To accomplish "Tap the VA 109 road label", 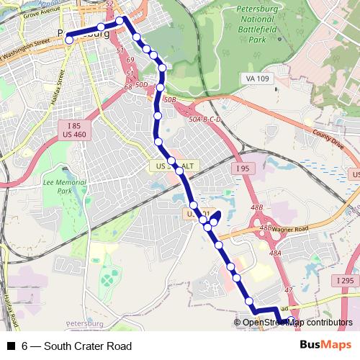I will (x=258, y=78).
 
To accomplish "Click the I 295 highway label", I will (x=344, y=279).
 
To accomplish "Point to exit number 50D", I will (x=140, y=85).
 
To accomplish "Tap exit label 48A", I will (x=275, y=253).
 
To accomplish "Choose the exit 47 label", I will (x=289, y=289).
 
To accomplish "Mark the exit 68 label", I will (x=127, y=86).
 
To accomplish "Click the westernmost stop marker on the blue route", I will (x=69, y=40).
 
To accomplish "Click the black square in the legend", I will (x=10, y=346).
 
